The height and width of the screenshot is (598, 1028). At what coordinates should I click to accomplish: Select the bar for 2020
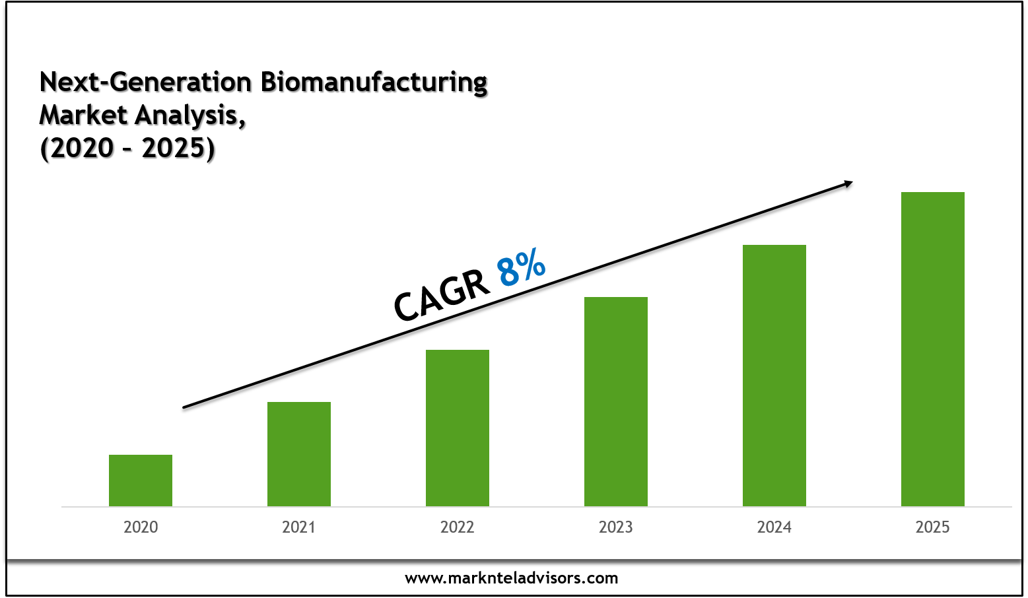pyautogui.click(x=141, y=481)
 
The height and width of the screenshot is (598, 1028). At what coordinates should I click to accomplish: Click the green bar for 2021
pyautogui.click(x=299, y=454)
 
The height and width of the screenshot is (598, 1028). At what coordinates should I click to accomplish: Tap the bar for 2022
pyautogui.click(x=458, y=428)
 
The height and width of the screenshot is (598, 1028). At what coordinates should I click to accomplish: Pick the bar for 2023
pyautogui.click(x=616, y=401)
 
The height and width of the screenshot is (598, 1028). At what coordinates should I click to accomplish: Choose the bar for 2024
pyautogui.click(x=774, y=375)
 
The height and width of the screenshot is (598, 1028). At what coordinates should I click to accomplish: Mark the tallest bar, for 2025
pyautogui.click(x=933, y=349)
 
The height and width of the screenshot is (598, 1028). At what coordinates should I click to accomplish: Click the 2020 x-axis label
pyautogui.click(x=141, y=527)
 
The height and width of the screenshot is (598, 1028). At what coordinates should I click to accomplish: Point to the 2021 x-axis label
pyautogui.click(x=299, y=527)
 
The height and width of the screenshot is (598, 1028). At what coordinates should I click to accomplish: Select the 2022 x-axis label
pyautogui.click(x=458, y=527)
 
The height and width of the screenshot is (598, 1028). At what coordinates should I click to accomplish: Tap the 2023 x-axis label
pyautogui.click(x=616, y=527)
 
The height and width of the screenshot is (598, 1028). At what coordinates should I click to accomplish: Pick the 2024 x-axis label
pyautogui.click(x=774, y=527)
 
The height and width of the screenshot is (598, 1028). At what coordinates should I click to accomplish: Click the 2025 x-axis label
pyautogui.click(x=933, y=527)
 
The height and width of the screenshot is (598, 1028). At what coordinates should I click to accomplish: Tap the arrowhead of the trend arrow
pyautogui.click(x=846, y=184)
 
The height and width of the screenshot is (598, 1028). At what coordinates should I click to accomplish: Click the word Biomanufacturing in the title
pyautogui.click(x=374, y=83)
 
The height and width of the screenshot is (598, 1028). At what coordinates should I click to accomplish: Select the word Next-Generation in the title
pyautogui.click(x=146, y=83)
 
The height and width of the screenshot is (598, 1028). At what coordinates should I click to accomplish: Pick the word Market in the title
pyautogui.click(x=83, y=116)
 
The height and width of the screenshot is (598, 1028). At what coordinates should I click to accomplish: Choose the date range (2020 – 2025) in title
pyautogui.click(x=127, y=148)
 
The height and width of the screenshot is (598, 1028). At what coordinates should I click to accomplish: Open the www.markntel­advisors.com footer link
pyautogui.click(x=512, y=578)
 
